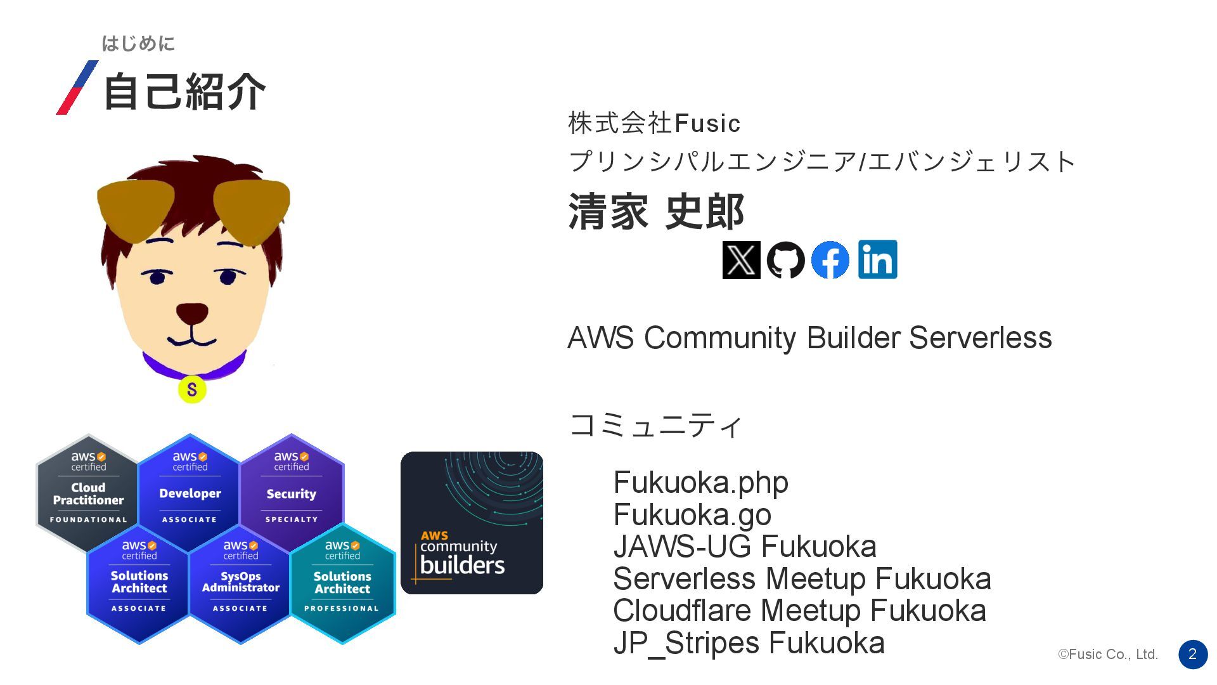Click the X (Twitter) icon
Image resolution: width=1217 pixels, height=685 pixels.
point(741,260)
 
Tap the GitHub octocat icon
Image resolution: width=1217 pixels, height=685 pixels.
point(785,260)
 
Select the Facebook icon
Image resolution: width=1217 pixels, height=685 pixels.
point(830,260)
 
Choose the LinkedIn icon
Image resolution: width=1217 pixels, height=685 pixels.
point(877,259)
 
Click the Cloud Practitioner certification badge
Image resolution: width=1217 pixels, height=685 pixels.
point(88,492)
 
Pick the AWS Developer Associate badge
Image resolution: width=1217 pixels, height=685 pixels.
point(190,492)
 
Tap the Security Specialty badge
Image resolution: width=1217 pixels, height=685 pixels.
point(291,492)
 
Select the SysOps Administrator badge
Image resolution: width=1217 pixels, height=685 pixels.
point(240,582)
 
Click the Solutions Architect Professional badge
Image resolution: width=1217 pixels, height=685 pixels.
point(342,582)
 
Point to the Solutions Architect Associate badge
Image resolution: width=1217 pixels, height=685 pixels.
point(139,582)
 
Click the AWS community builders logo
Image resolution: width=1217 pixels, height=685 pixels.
point(472,523)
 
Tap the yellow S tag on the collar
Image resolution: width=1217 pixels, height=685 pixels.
point(191,389)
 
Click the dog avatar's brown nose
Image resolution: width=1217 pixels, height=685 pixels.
point(191,313)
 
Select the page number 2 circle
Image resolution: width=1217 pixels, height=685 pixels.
point(1192,654)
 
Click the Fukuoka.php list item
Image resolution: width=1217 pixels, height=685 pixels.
point(700,483)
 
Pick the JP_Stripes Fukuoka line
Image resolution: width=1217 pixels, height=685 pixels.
point(749,643)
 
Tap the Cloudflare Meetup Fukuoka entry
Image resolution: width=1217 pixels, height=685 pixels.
point(799,611)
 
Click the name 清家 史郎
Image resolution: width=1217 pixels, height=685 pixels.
point(656,211)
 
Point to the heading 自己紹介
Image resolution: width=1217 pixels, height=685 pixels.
point(184,91)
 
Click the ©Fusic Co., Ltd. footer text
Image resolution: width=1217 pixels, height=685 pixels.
point(1107,655)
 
